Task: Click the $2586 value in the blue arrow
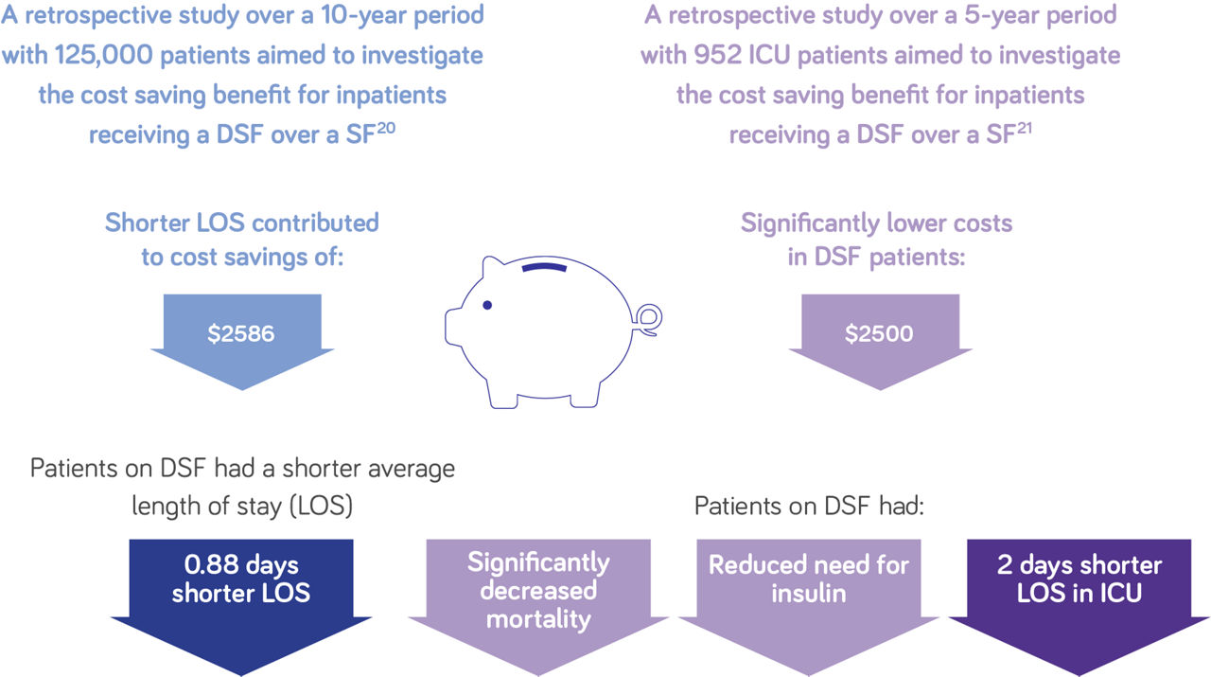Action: (x=241, y=333)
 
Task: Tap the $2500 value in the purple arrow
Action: (x=879, y=333)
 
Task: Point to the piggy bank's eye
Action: (x=487, y=305)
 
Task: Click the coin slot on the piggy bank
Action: (x=544, y=267)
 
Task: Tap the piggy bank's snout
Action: (x=453, y=327)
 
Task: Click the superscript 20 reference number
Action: (x=386, y=129)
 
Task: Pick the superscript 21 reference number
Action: (x=1024, y=129)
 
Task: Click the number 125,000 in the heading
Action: (x=104, y=55)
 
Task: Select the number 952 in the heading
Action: (x=718, y=55)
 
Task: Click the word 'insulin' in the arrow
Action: (x=809, y=593)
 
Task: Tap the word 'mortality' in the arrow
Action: (x=538, y=619)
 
